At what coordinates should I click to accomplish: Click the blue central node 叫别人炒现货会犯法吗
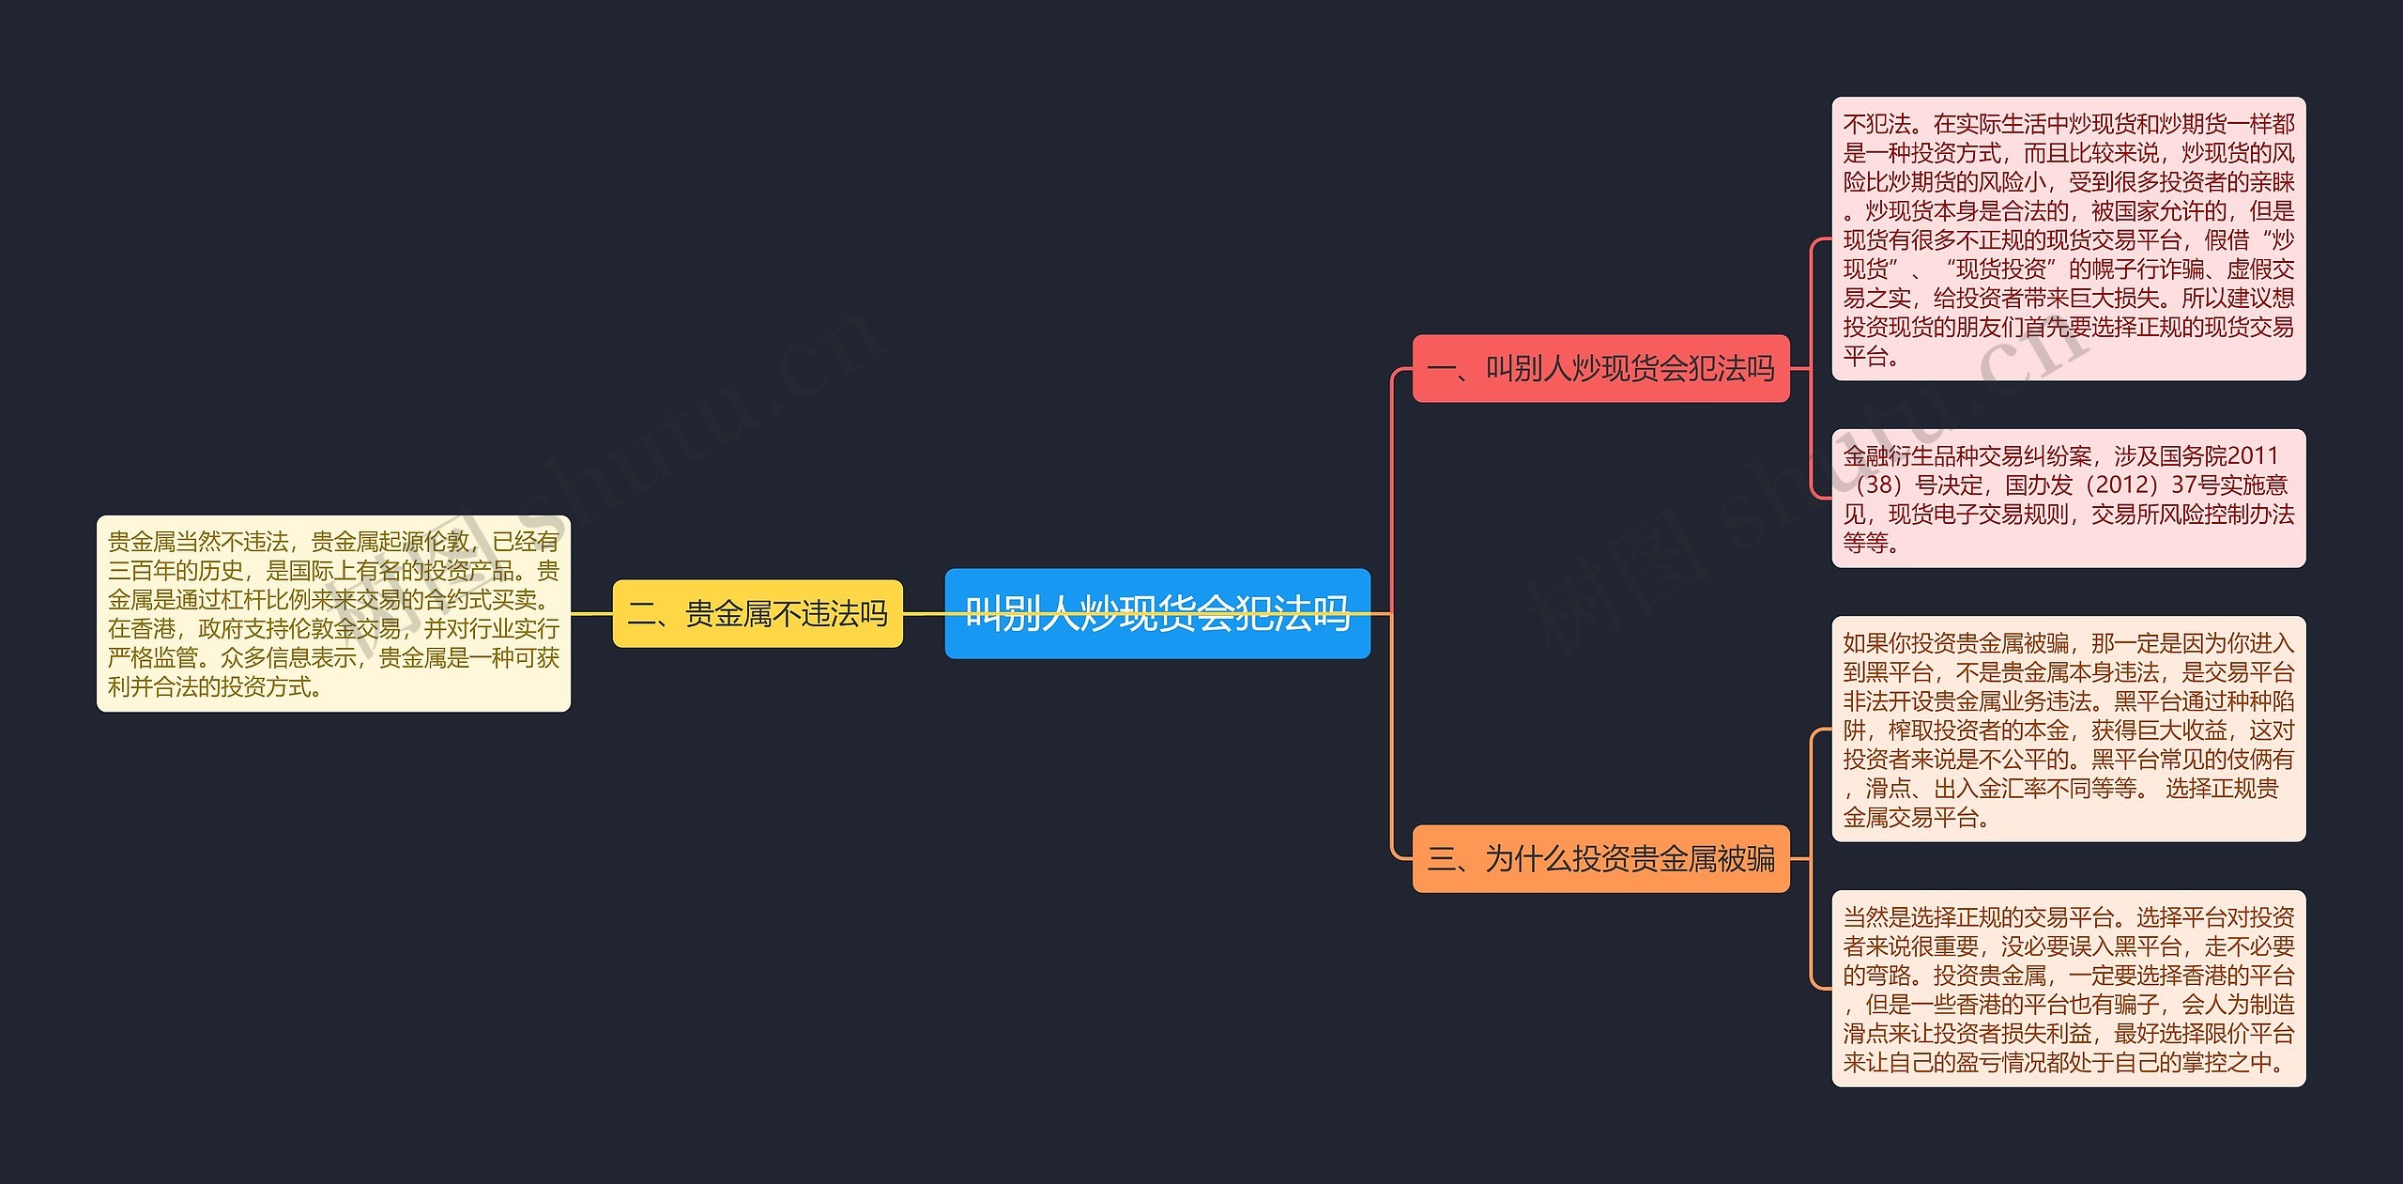pyautogui.click(x=1156, y=613)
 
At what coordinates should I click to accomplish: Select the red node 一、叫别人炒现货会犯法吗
pyautogui.click(x=1600, y=368)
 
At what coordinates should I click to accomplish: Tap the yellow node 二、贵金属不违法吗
pyautogui.click(x=757, y=614)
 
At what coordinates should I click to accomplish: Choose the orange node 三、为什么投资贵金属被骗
pyautogui.click(x=1600, y=858)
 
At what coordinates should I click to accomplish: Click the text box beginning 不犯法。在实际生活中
pyautogui.click(x=2068, y=238)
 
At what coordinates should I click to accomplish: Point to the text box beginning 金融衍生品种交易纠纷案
pyautogui.click(x=2068, y=498)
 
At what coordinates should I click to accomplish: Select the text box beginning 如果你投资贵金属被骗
pyautogui.click(x=2068, y=729)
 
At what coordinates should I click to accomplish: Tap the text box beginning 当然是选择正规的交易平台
pyautogui.click(x=2068, y=988)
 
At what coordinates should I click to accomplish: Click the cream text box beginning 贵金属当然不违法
pyautogui.click(x=333, y=613)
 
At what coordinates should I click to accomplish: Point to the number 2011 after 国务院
pyautogui.click(x=2252, y=456)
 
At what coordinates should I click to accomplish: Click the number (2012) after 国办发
pyautogui.click(x=2120, y=485)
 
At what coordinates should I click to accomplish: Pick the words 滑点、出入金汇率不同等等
pyautogui.click(x=1999, y=789)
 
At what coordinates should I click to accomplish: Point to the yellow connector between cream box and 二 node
pyautogui.click(x=591, y=614)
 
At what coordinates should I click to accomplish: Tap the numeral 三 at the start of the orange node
pyautogui.click(x=1441, y=858)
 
